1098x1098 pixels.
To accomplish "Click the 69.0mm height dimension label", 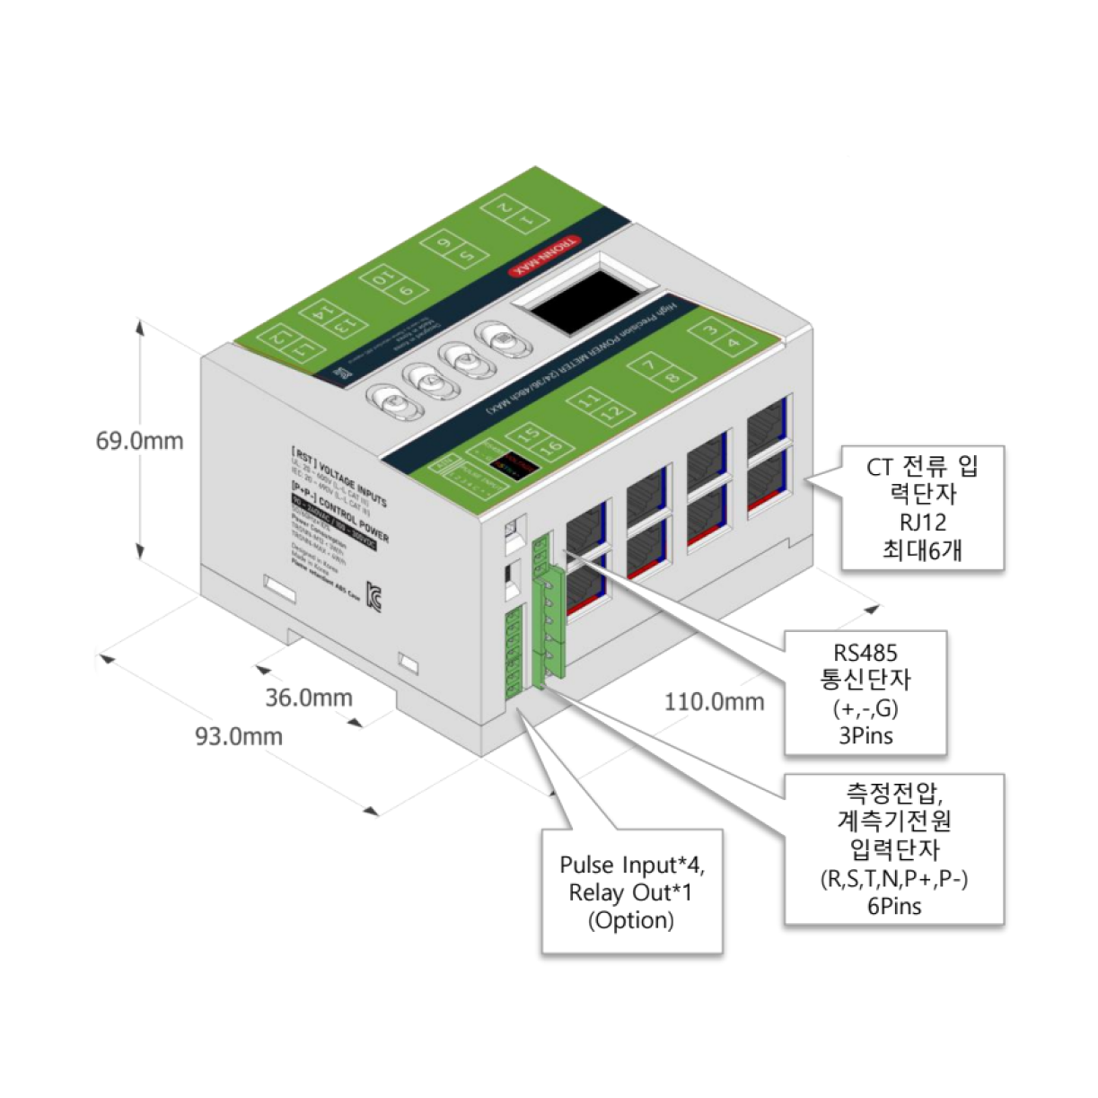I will click(140, 441).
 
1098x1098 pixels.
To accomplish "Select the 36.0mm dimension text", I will click(309, 698).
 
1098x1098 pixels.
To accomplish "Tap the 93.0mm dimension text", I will click(239, 736).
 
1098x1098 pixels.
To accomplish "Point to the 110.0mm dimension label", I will click(715, 701).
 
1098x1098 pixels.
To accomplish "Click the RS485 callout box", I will click(865, 692).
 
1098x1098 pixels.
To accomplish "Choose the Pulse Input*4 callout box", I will click(632, 892).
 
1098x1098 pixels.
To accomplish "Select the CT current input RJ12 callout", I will click(922, 508).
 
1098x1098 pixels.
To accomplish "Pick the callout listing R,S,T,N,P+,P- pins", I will click(894, 848).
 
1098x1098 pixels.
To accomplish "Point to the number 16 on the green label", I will click(552, 447).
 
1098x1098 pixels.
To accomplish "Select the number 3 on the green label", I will click(710, 330).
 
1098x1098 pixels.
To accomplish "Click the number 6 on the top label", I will click(444, 242).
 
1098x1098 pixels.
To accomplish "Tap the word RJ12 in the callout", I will click(922, 522).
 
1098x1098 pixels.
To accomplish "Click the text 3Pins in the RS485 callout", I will click(865, 736).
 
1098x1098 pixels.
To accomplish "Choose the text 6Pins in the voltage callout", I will click(894, 906).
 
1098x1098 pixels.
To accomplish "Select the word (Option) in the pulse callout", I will click(631, 920).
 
